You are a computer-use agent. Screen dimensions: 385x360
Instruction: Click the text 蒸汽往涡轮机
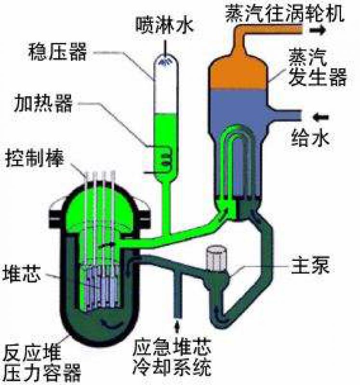pyautogui.click(x=285, y=13)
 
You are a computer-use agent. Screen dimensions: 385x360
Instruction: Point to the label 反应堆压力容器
pyautogui.click(x=41, y=362)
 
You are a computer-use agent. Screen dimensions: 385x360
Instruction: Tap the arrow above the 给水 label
pyautogui.click(x=320, y=116)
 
